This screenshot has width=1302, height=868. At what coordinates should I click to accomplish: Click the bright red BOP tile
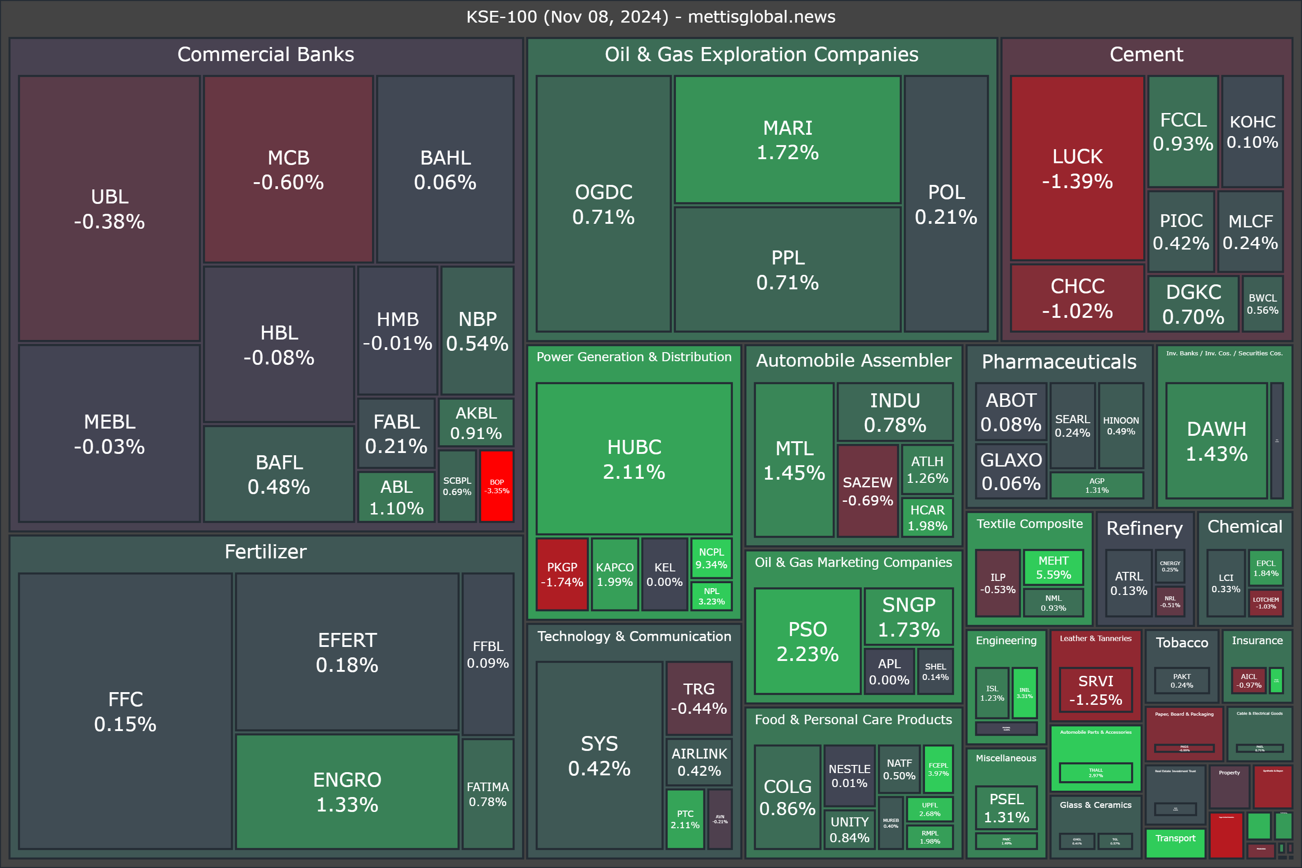pyautogui.click(x=496, y=486)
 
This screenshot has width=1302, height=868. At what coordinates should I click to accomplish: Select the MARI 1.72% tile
pyautogui.click(x=787, y=140)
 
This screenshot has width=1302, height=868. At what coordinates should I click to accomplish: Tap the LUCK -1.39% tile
pyautogui.click(x=1077, y=168)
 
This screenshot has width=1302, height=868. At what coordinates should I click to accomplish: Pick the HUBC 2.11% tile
pyautogui.click(x=634, y=459)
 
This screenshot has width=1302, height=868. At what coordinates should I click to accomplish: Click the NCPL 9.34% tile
pyautogui.click(x=711, y=558)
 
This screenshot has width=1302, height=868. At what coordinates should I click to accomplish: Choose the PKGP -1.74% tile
pyautogui.click(x=562, y=575)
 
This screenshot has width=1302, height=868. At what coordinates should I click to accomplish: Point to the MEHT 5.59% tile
pyautogui.click(x=1053, y=567)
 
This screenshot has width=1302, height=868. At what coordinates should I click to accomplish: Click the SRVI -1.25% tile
pyautogui.click(x=1095, y=690)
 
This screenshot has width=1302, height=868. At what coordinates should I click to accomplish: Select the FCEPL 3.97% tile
pyautogui.click(x=939, y=769)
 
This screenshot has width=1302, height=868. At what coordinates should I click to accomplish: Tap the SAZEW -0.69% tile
pyautogui.click(x=868, y=491)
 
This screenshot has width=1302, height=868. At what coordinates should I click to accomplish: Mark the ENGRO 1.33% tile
pyautogui.click(x=347, y=792)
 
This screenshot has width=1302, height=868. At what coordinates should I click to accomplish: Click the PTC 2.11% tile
pyautogui.click(x=685, y=819)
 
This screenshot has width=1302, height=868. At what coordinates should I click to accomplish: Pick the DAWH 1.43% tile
pyautogui.click(x=1216, y=441)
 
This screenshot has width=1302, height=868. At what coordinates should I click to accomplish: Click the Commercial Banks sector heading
pyautogui.click(x=266, y=54)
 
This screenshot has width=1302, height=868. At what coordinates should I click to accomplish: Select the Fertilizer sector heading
pyautogui.click(x=266, y=552)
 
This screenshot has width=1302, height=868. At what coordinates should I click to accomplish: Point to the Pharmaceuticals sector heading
pyautogui.click(x=1059, y=362)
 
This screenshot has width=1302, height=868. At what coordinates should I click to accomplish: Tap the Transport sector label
pyautogui.click(x=1175, y=838)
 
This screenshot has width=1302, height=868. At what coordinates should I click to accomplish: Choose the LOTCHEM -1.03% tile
pyautogui.click(x=1265, y=603)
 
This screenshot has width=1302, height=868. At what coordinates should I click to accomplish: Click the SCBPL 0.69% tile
pyautogui.click(x=457, y=486)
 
